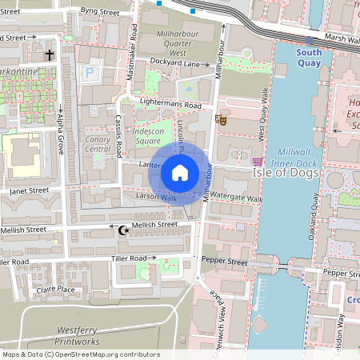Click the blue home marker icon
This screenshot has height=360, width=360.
(180, 173)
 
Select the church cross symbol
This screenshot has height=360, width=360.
(50, 55)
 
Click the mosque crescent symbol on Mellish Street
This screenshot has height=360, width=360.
(123, 230)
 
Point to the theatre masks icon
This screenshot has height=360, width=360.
(222, 120)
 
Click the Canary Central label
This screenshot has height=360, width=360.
(97, 144)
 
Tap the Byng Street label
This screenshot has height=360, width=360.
(100, 12)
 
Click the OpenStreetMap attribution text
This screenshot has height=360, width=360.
(80, 354)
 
